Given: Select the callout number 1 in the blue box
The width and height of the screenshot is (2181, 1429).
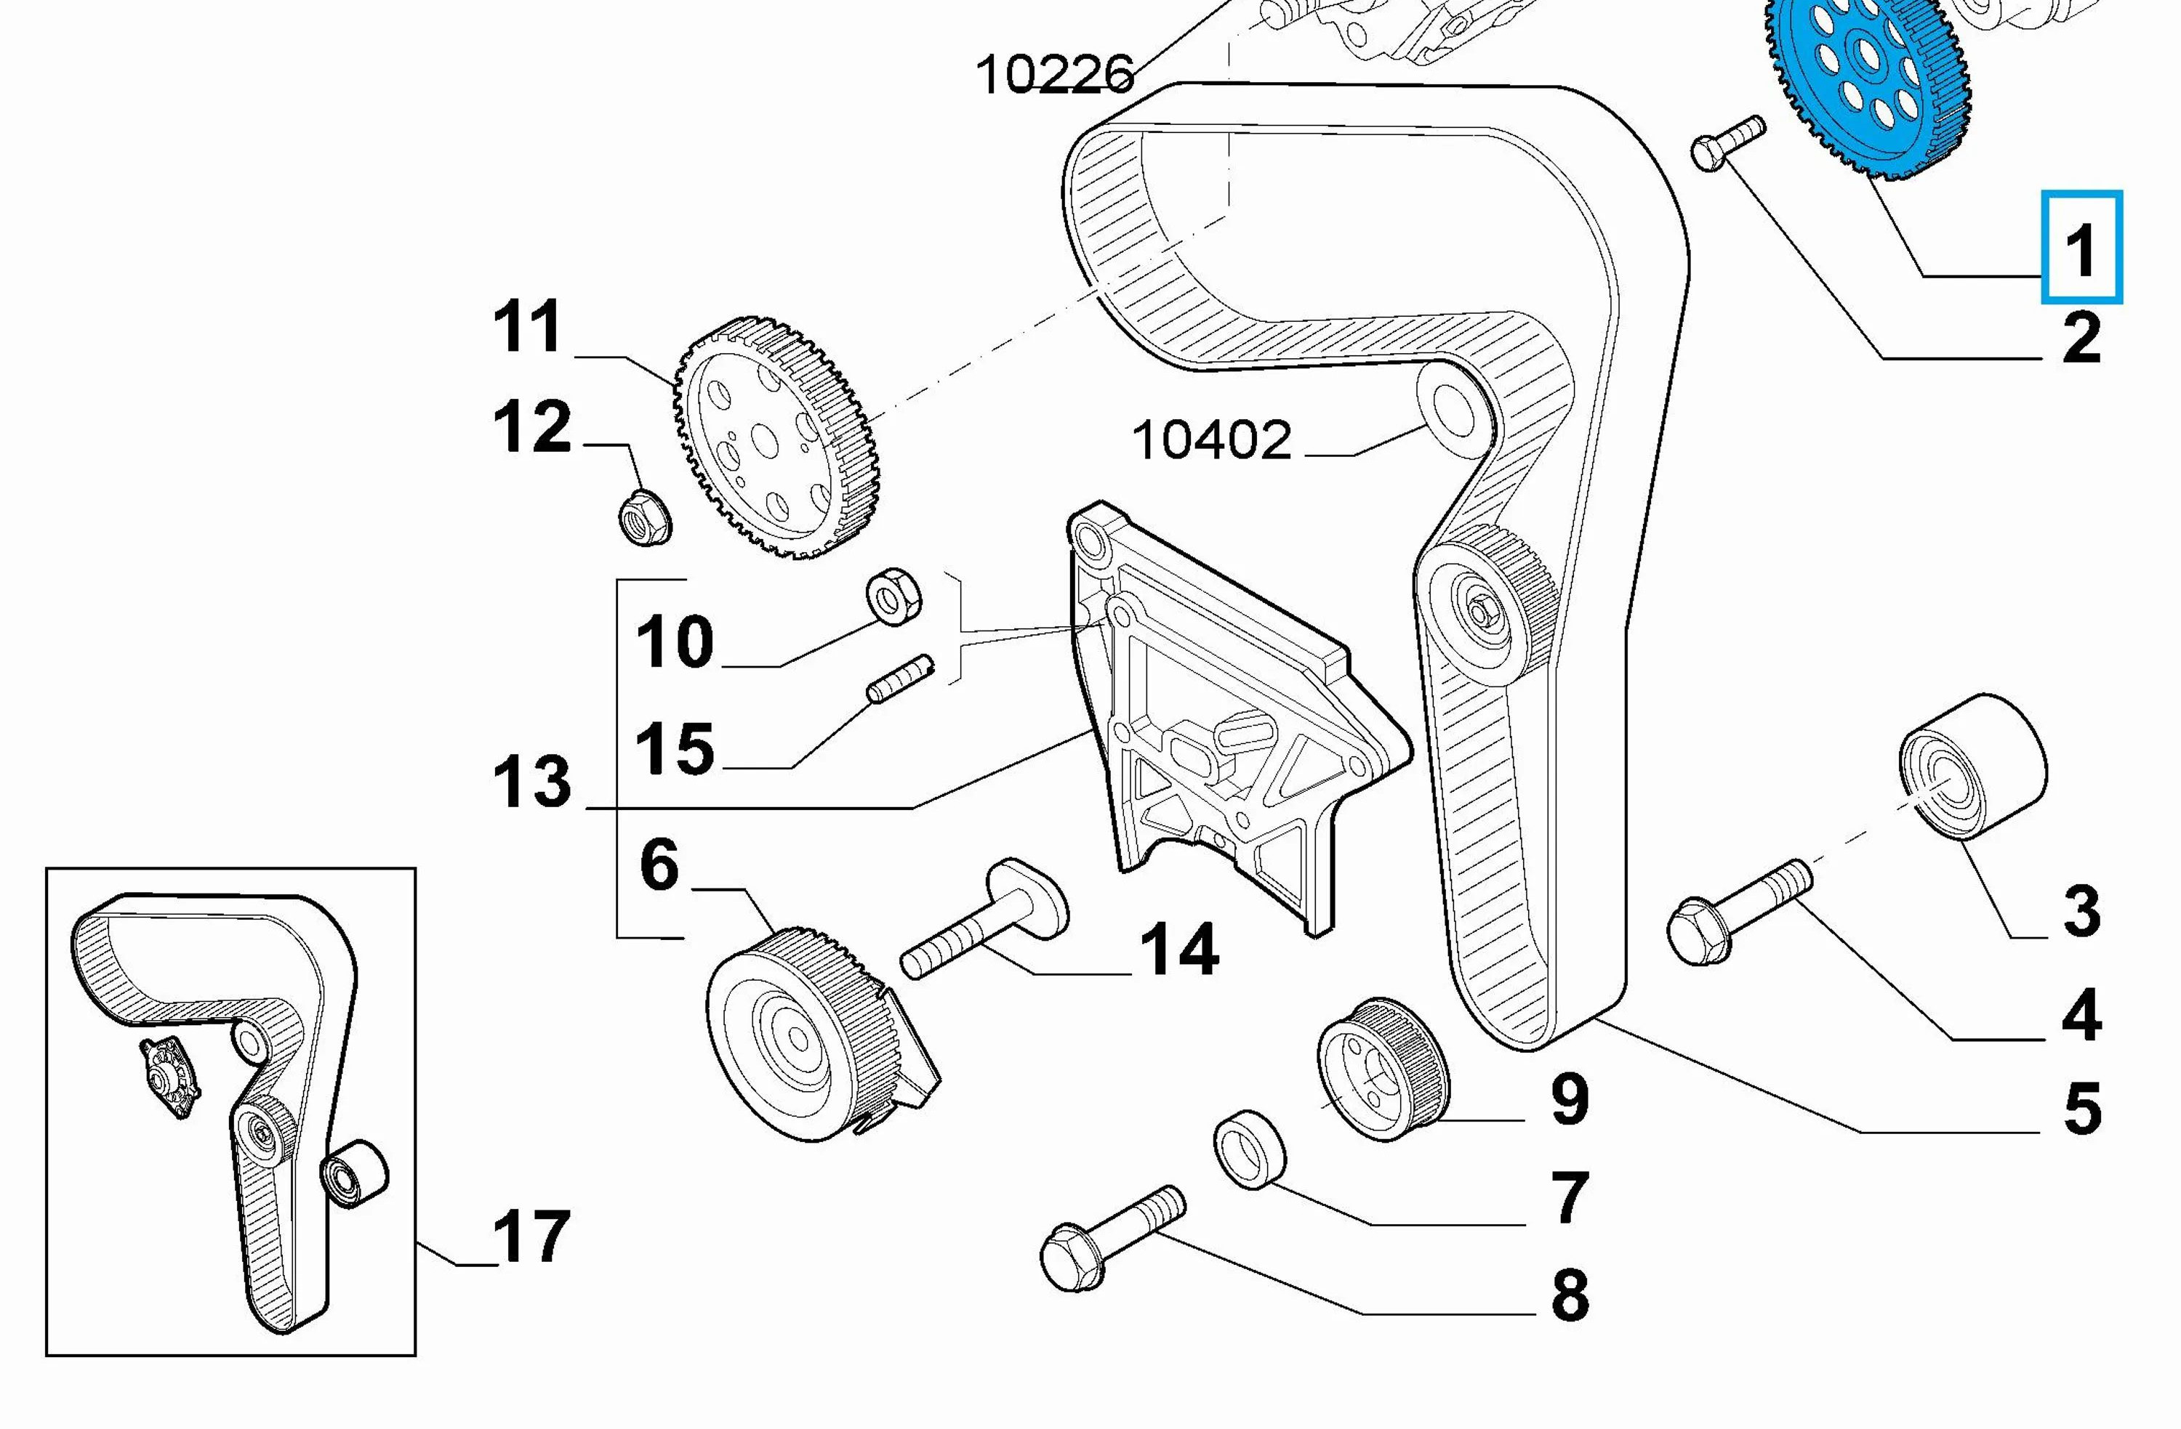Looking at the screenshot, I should (2081, 247).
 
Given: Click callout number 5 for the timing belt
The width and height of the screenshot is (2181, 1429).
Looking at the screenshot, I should (2081, 1109).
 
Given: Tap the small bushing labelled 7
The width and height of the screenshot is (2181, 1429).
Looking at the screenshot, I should (1250, 1149).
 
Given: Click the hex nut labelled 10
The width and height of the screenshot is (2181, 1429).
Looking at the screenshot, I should (893, 596).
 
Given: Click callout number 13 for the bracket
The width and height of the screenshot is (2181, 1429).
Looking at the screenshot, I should (531, 783).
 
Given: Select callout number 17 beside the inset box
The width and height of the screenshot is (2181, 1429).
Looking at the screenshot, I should (531, 1236).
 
